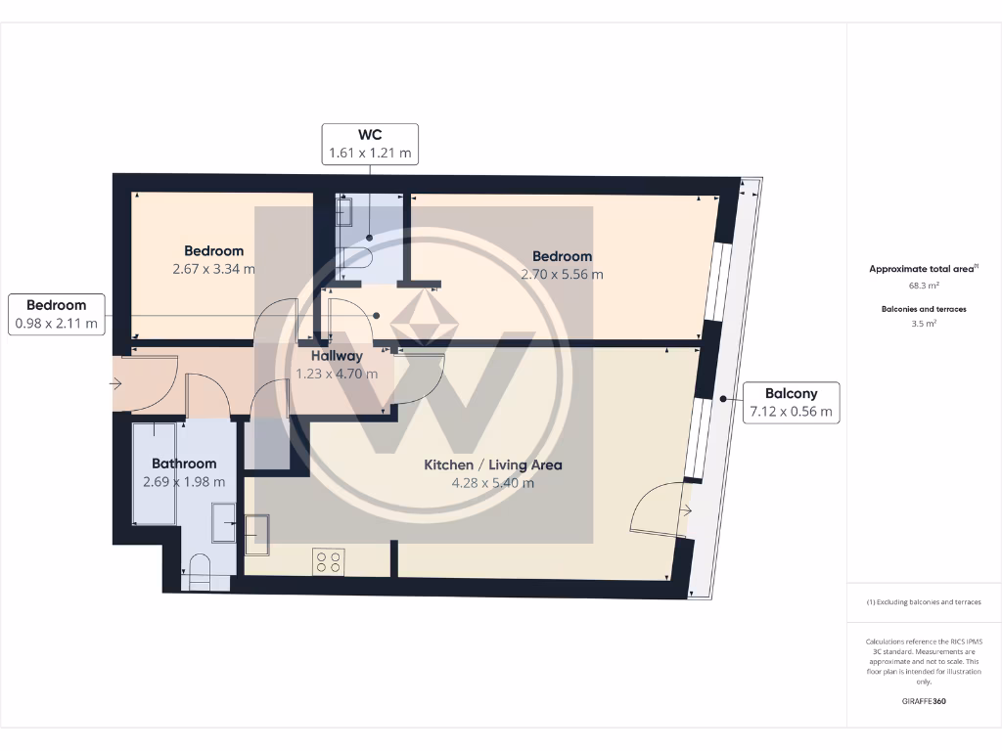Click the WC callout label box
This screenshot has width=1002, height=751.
[370, 144]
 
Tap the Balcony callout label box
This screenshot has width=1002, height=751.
[791, 402]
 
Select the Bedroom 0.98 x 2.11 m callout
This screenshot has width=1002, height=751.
[56, 313]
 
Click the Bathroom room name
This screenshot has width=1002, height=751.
[184, 464]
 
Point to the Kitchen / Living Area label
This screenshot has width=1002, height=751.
[492, 464]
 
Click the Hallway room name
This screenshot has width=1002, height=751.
[337, 356]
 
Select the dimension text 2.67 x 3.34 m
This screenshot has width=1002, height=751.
[213, 269]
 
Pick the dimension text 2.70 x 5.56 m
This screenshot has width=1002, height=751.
[562, 274]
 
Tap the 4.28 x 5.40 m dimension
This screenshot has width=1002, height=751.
[492, 482]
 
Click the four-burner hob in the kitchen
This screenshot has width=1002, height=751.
[328, 561]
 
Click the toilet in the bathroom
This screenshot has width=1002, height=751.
[200, 572]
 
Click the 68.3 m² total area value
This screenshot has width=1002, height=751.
[924, 287]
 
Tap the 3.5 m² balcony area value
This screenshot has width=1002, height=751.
[924, 322]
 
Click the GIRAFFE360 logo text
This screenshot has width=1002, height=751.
[924, 701]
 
